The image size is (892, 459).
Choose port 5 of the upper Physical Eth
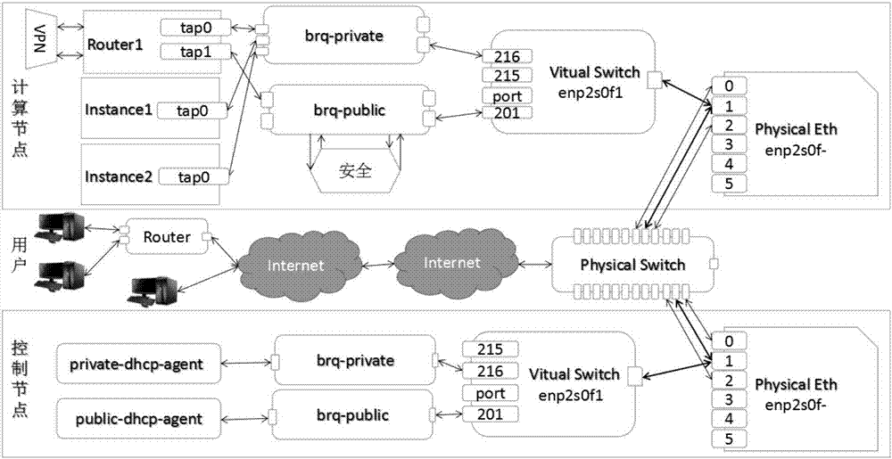[x=729, y=184]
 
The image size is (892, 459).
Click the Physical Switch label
[x=632, y=265]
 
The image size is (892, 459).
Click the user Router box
[x=168, y=237]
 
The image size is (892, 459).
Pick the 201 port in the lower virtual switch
[x=491, y=414]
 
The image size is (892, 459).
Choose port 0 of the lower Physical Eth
[x=729, y=340]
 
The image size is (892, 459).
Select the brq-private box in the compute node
[x=343, y=37]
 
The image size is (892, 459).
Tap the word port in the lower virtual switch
[x=491, y=392]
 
